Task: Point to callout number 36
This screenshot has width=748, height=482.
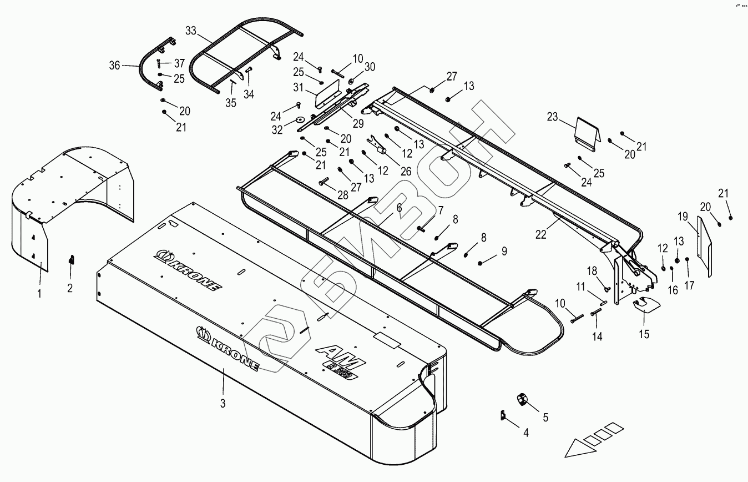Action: point(115,66)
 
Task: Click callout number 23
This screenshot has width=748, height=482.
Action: point(552,118)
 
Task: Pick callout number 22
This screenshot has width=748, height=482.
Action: point(541,234)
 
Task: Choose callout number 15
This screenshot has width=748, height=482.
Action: point(644,334)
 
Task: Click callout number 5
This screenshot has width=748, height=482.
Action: point(545,417)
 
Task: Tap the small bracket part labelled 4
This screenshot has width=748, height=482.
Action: point(503,415)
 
